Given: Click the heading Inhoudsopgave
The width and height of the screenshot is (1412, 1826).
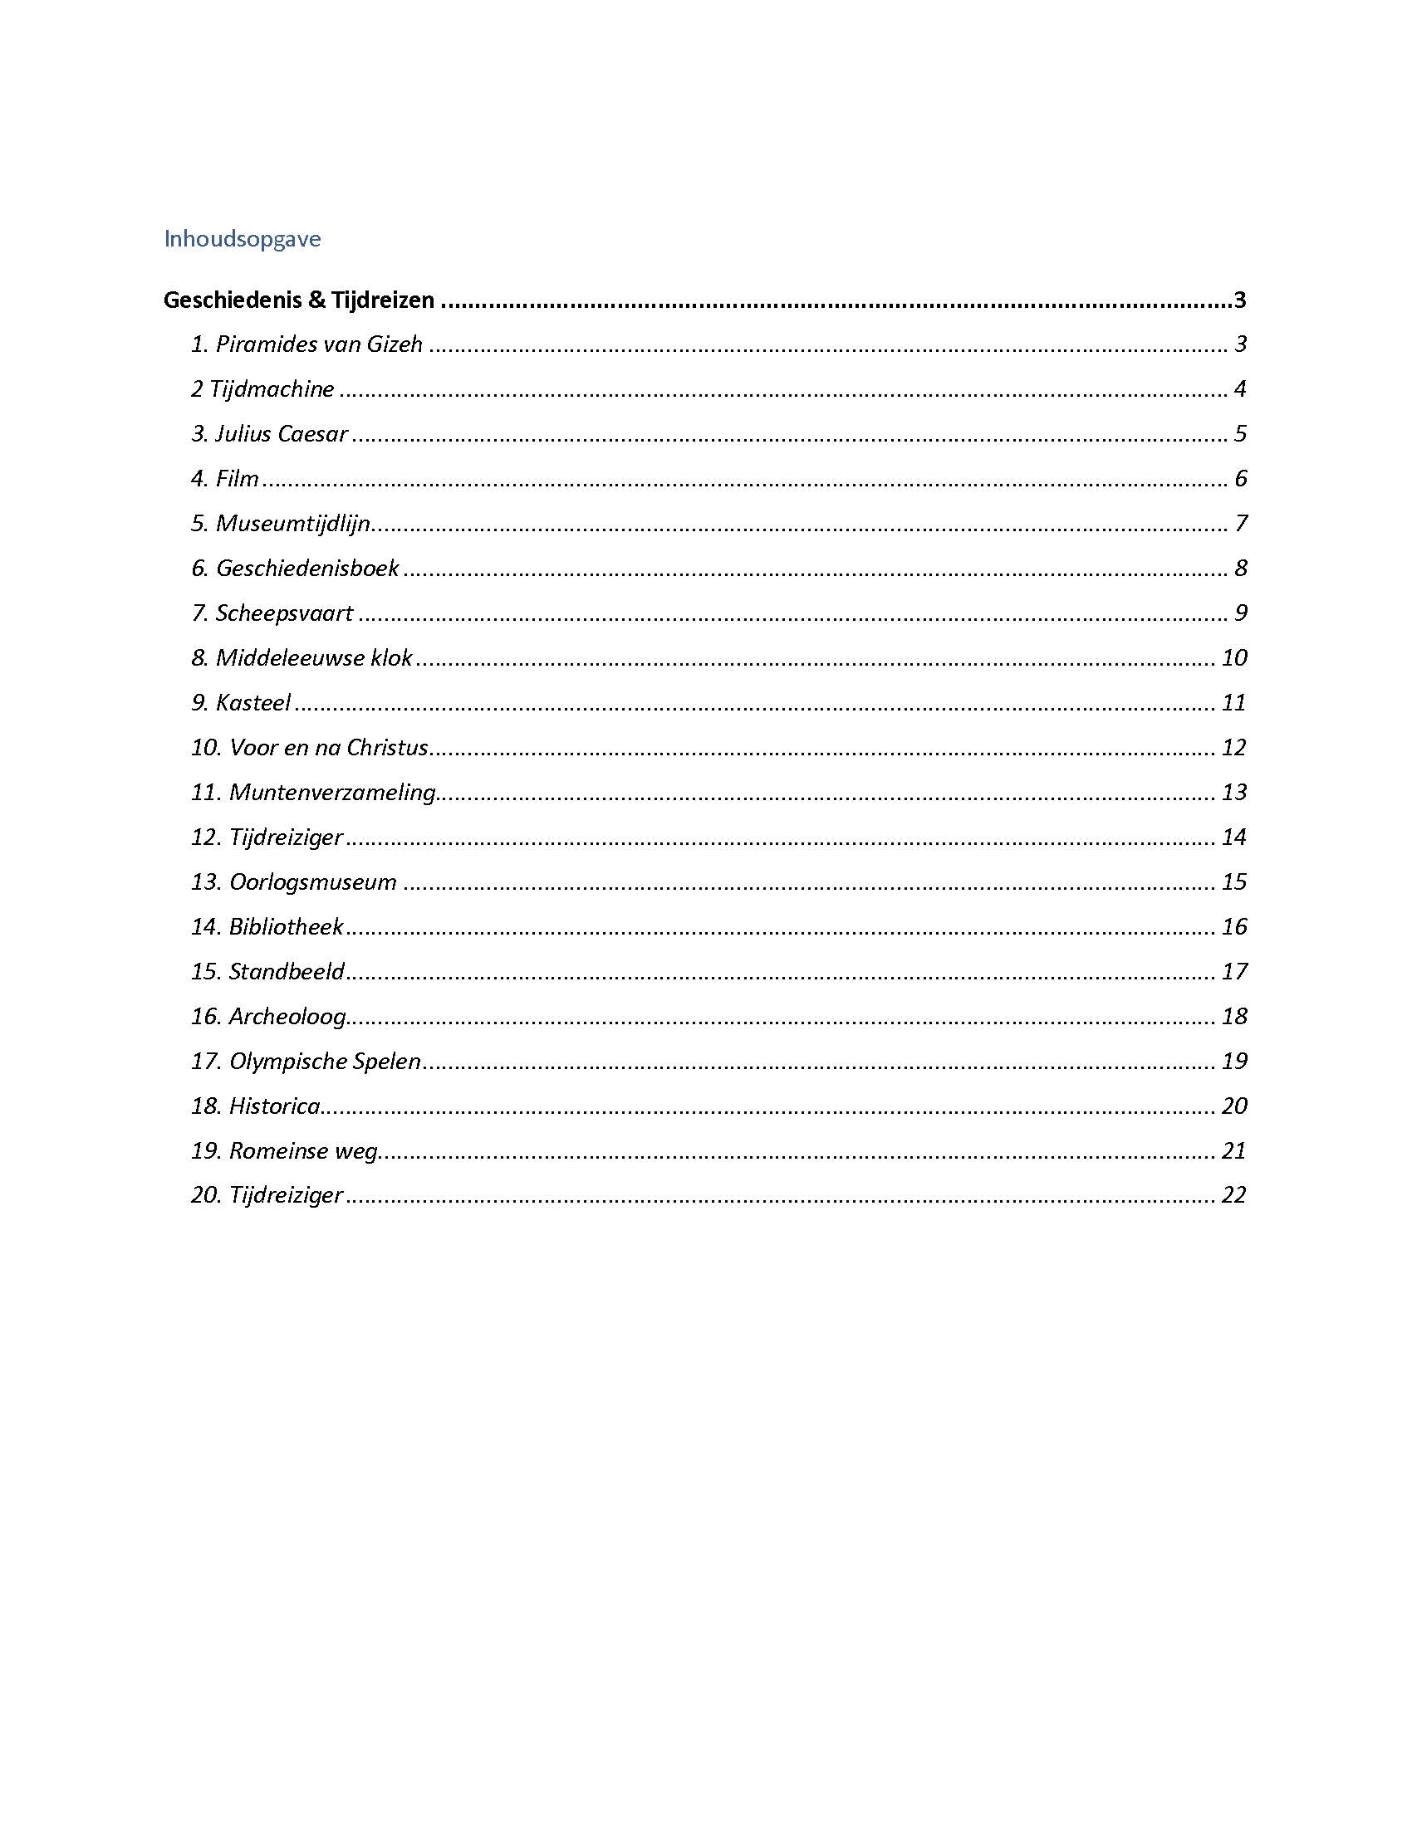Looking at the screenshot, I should click(x=242, y=239).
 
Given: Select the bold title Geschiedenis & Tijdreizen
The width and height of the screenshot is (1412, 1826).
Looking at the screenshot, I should click(x=299, y=300).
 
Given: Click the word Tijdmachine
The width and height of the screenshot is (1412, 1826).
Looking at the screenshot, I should click(x=271, y=388).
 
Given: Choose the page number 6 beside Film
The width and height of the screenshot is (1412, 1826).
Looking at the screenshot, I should click(x=1240, y=478).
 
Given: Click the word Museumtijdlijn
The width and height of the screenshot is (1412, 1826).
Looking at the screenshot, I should click(x=292, y=524).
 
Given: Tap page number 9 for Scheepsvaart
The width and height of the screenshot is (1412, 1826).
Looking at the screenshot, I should click(x=1240, y=613).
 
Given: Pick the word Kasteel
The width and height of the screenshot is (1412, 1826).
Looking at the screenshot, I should click(x=252, y=702).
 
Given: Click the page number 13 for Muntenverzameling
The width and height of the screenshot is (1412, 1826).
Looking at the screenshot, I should click(x=1233, y=792).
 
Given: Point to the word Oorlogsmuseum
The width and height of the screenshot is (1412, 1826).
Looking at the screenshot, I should click(x=312, y=882).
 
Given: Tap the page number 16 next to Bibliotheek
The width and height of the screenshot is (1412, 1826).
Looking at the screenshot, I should click(x=1233, y=926).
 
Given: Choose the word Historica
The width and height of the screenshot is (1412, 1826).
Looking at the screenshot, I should click(x=274, y=1106).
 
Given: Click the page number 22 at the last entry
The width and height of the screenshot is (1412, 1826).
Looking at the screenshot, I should click(x=1233, y=1195).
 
